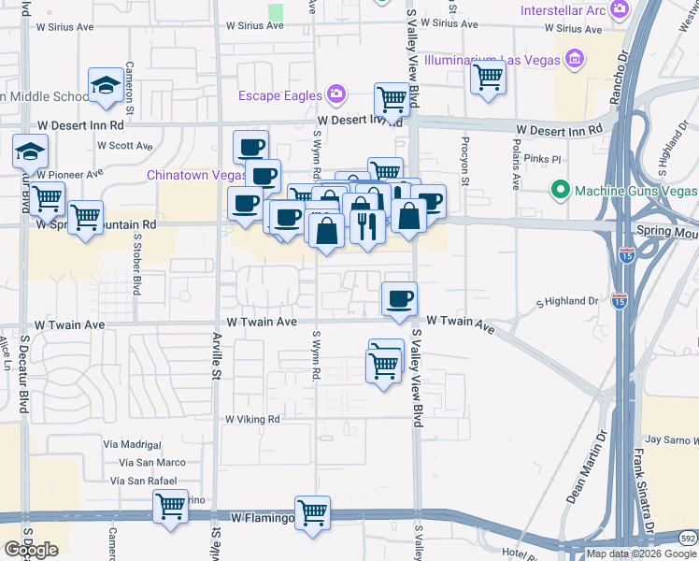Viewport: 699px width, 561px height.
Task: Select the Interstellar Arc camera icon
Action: (x=619, y=9)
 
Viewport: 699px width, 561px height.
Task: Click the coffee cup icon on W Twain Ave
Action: (x=399, y=298)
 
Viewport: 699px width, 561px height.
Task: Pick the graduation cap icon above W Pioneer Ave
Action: (x=30, y=151)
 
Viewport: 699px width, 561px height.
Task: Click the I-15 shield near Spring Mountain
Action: (x=625, y=253)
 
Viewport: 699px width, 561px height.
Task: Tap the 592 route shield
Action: (x=688, y=539)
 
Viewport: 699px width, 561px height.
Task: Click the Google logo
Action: (x=31, y=550)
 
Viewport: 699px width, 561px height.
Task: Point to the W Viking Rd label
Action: (x=252, y=420)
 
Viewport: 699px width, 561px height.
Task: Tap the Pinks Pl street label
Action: (x=541, y=159)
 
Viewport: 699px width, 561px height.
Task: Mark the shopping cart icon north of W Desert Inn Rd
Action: (x=392, y=98)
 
